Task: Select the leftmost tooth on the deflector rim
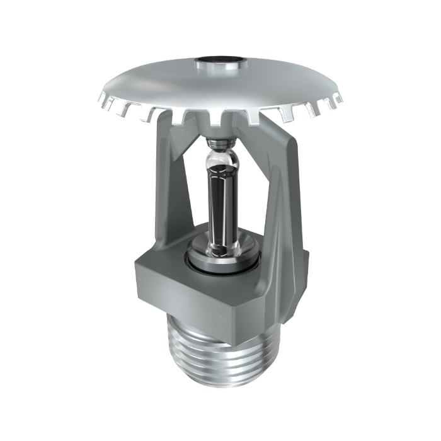coord(103,101)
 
